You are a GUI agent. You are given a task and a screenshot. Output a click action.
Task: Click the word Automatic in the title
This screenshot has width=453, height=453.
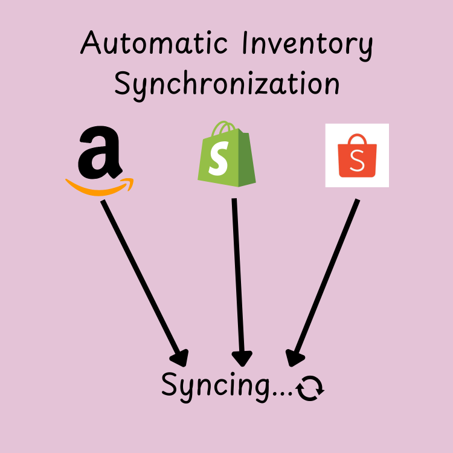point(155,46)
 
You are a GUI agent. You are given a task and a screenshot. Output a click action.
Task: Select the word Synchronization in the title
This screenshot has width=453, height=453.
point(226,85)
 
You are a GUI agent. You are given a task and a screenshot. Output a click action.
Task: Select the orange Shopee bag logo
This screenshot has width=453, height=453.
point(357,156)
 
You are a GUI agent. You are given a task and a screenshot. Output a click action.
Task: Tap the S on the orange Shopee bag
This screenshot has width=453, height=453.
point(358,162)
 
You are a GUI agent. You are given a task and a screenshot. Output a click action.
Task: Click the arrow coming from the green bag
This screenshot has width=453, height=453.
point(238,278)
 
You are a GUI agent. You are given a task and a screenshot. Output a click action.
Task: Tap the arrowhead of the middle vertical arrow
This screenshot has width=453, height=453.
point(242,358)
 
